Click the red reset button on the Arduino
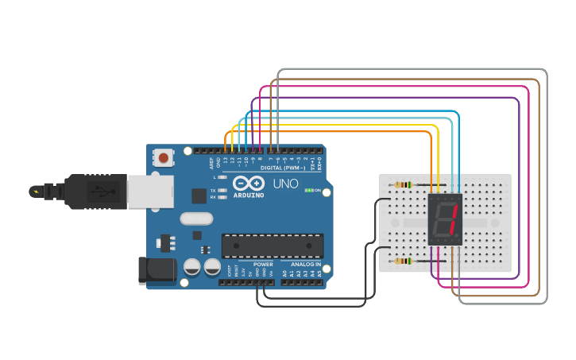[x=164, y=157]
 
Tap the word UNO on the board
[x=285, y=184]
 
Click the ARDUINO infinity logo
[x=248, y=184]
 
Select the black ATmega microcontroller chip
[x=272, y=246]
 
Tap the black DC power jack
[x=157, y=270]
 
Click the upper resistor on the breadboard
[x=404, y=185]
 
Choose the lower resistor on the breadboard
[x=404, y=261]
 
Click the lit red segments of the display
[x=451, y=219]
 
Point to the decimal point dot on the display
[x=458, y=236]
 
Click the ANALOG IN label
[x=305, y=264]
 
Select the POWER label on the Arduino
[x=263, y=264]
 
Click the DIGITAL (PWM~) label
[x=283, y=168]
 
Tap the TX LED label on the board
[x=213, y=191]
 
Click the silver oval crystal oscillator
[x=197, y=219]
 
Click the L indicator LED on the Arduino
[x=222, y=177]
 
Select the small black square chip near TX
[x=199, y=195]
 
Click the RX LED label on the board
[x=213, y=197]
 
